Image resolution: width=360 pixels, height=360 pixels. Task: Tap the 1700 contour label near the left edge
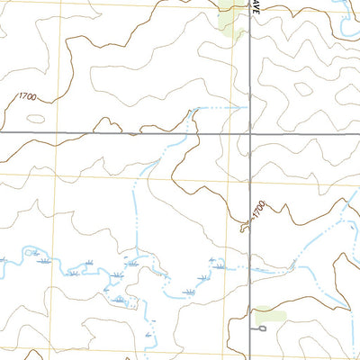29,95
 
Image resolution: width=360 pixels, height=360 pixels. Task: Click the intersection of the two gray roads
248,133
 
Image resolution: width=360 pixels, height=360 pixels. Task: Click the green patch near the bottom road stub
269,317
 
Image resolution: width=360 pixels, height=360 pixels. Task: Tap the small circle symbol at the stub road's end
263,329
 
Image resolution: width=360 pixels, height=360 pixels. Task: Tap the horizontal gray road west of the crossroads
108,133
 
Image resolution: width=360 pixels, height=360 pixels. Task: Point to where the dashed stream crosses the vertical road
248,267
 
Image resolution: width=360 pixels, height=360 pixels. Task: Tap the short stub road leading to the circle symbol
256,329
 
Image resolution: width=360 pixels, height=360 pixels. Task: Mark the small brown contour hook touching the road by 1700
242,229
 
